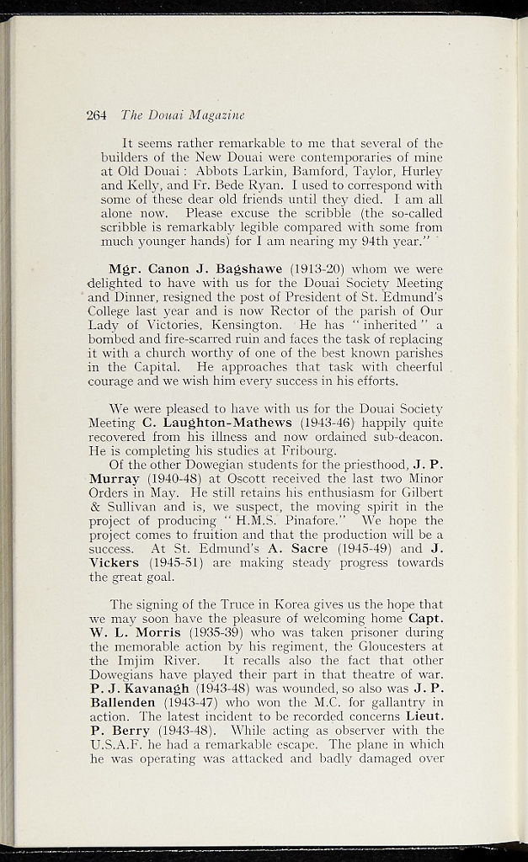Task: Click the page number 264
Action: pyautogui.click(x=96, y=115)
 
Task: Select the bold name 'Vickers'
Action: pyautogui.click(x=115, y=563)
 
